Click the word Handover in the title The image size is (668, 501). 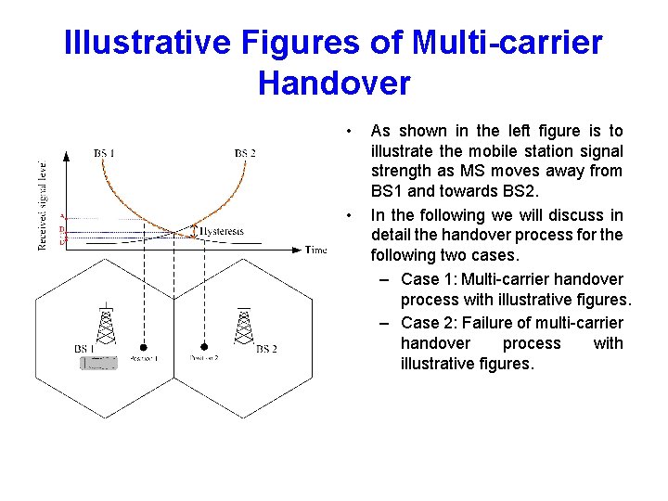pos(334,83)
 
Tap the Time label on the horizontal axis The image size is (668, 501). pos(316,250)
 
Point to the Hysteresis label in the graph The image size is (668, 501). pos(222,230)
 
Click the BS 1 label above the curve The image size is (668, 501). pos(105,152)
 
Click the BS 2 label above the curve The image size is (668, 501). pos(245,152)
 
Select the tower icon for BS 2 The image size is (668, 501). pos(244,324)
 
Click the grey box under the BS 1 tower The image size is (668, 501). pos(99,364)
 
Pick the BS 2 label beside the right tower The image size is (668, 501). pos(266,349)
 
